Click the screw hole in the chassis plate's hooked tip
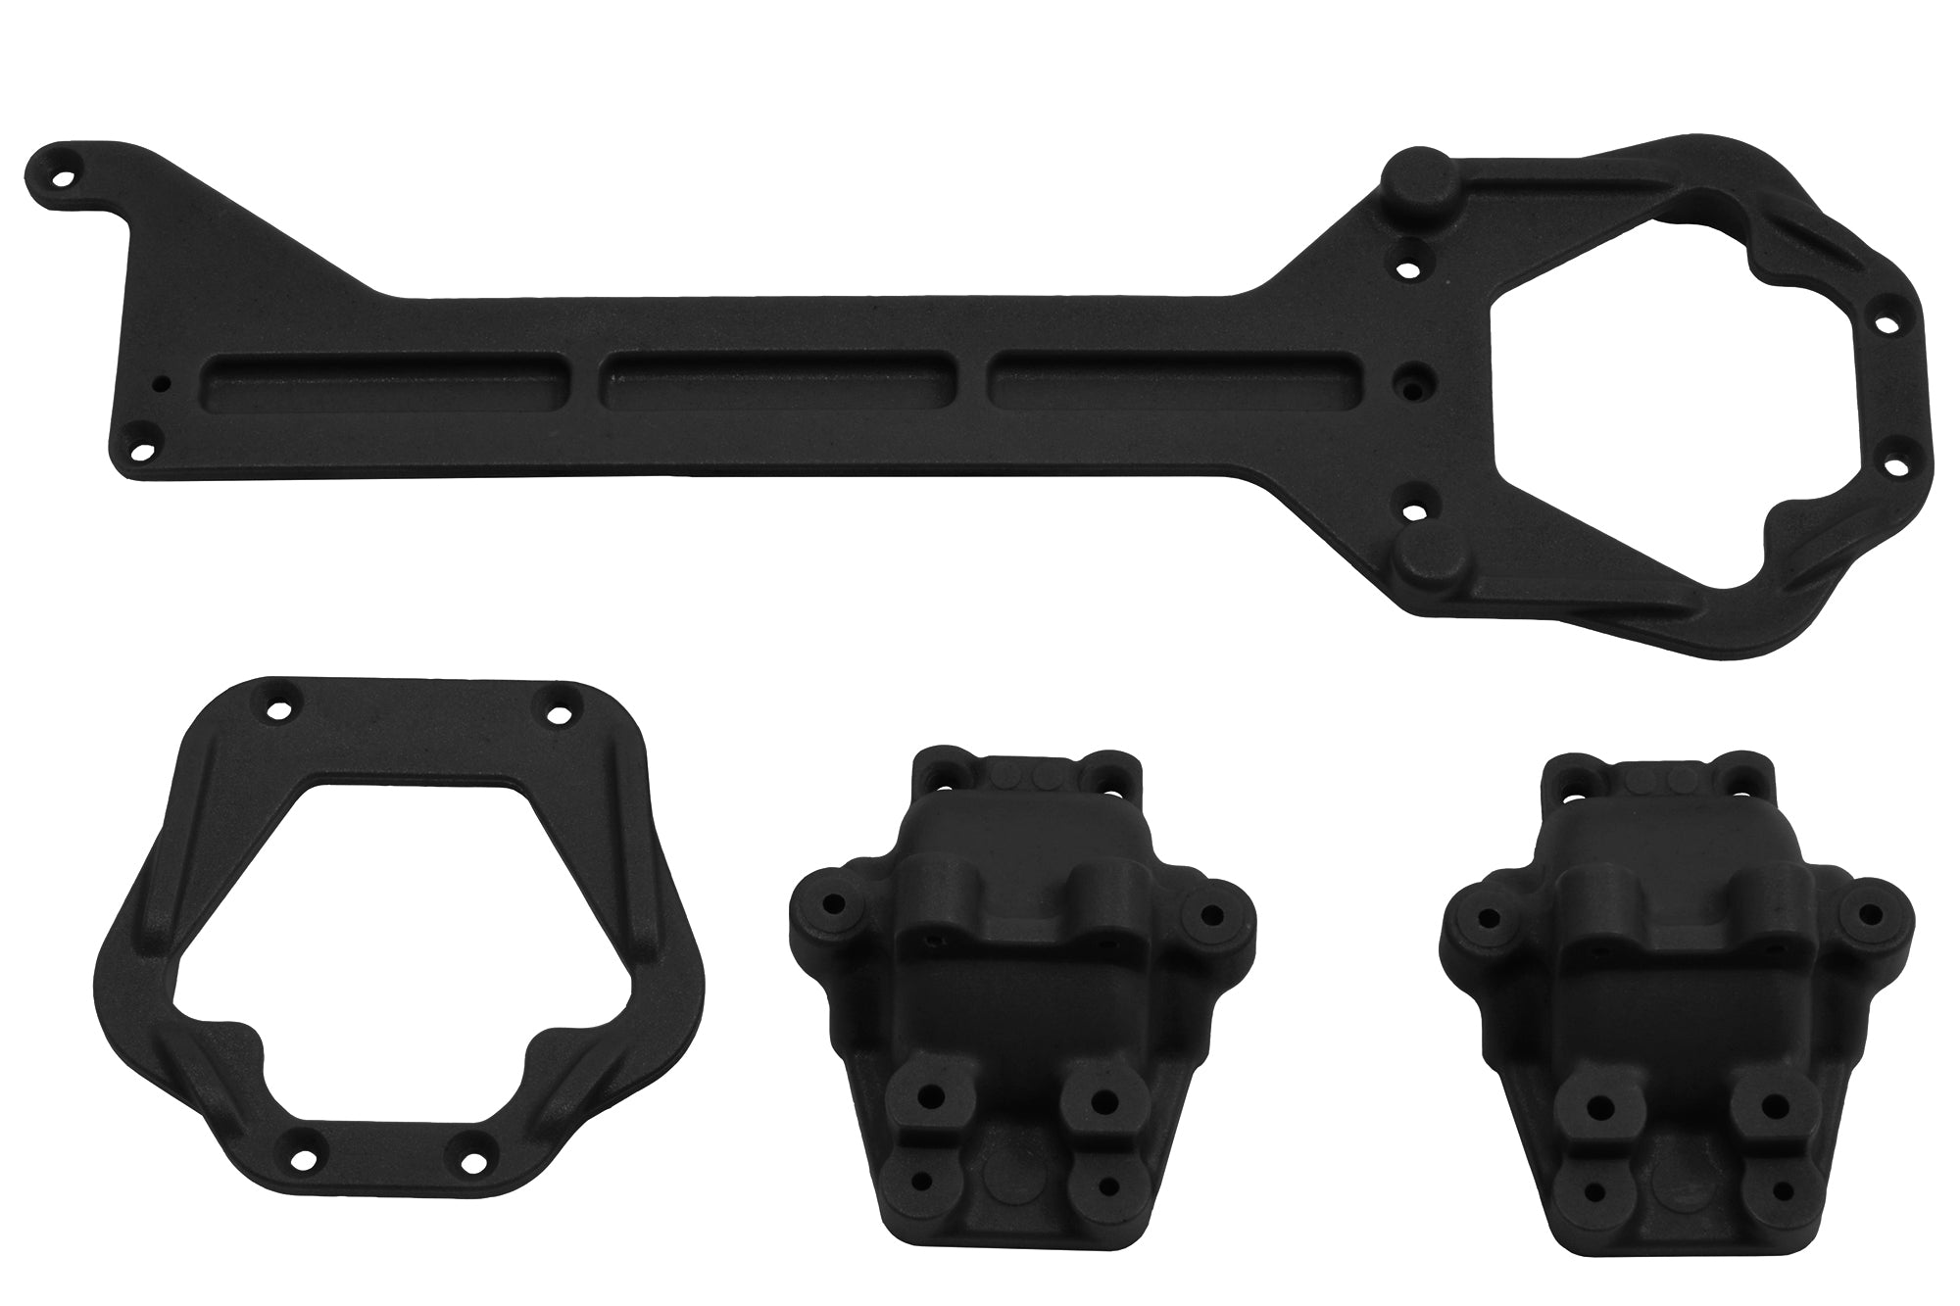(65, 179)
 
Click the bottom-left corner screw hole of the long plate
(144, 450)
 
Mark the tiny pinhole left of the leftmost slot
(167, 383)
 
